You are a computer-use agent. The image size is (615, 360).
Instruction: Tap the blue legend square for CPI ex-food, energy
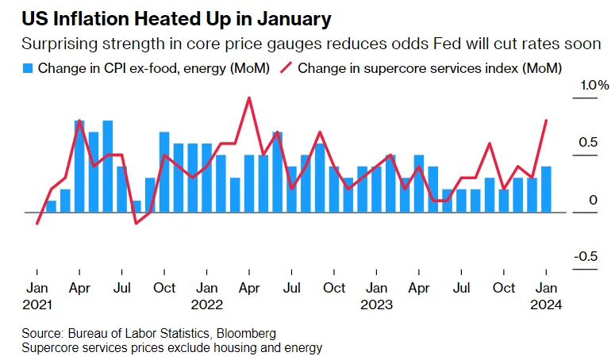coord(29,68)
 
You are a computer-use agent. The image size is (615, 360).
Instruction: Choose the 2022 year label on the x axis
coord(208,304)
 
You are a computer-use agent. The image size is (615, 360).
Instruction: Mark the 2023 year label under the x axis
coord(376,304)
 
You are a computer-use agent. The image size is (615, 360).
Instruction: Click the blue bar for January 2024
coord(546,190)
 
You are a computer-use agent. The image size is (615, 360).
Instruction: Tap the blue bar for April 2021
coord(79,167)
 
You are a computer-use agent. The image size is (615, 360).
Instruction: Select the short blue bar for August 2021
coord(136,206)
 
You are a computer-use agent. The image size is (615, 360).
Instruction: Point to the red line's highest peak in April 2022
coord(250,98)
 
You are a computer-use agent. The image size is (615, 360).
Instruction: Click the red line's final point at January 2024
coord(546,121)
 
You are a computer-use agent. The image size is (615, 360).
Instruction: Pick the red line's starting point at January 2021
coord(37,224)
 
